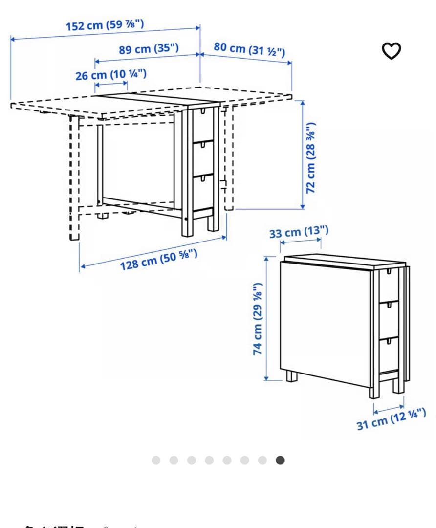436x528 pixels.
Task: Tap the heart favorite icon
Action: click(x=391, y=51)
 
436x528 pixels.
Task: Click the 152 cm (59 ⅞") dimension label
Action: click(x=105, y=25)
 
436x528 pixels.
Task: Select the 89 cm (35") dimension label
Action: click(x=149, y=49)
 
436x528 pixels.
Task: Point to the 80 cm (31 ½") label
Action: click(x=249, y=49)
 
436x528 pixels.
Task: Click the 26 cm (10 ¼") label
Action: click(x=110, y=75)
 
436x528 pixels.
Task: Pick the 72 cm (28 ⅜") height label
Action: click(x=311, y=157)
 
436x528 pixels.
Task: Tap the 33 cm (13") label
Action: click(x=299, y=232)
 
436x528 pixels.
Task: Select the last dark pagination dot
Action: click(x=280, y=460)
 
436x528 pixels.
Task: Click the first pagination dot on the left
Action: click(x=156, y=460)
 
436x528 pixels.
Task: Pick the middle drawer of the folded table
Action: click(x=389, y=318)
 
